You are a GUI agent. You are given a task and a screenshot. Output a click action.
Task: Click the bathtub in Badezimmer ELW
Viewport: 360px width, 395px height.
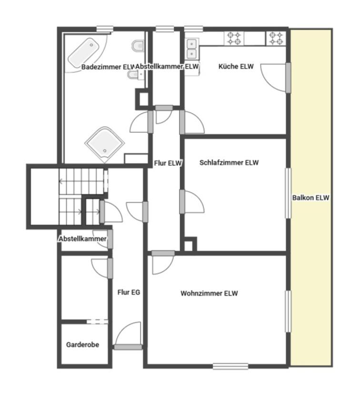[x=83, y=53]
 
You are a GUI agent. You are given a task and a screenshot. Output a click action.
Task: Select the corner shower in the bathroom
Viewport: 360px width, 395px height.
[x=105, y=144]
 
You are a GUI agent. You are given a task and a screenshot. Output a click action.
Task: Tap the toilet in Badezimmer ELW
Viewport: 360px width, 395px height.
[x=138, y=46]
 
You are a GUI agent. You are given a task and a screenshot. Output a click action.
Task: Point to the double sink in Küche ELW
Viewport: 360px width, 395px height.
[x=192, y=49]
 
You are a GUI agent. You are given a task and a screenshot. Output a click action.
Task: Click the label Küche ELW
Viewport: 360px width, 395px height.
[x=236, y=67]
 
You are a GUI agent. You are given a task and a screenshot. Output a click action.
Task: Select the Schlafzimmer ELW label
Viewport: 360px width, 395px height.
[x=229, y=162]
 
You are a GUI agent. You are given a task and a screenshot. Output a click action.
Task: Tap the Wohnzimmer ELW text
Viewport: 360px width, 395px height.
[x=209, y=293]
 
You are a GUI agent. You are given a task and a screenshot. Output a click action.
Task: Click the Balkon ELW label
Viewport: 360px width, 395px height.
[x=310, y=198]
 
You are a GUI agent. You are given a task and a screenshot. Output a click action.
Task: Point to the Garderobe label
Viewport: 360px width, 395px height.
[x=82, y=345]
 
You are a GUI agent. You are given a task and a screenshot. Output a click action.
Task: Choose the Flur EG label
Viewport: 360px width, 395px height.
[x=129, y=292]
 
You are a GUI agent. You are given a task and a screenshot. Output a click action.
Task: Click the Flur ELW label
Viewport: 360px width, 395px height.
[x=168, y=163]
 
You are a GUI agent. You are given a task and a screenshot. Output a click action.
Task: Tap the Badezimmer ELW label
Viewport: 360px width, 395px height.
[x=108, y=67]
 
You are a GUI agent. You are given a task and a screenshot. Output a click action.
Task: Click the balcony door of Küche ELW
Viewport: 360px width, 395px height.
[x=288, y=78]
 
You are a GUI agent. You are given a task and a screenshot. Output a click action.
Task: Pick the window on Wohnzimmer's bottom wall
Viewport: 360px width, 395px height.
[x=230, y=366]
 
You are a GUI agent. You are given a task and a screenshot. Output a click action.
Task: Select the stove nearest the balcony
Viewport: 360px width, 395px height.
[x=276, y=38]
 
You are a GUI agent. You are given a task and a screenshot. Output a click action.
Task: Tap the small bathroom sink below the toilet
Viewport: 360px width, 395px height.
[x=134, y=75]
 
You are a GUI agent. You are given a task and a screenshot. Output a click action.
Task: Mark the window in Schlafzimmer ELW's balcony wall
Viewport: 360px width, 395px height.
[x=288, y=193]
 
